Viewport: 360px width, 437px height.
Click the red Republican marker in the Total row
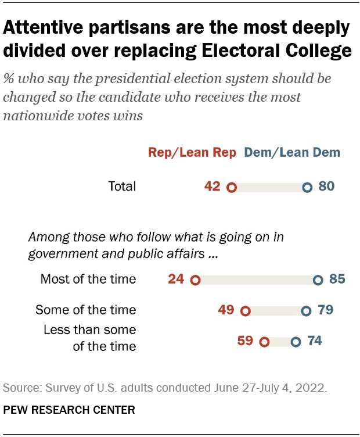[x=231, y=188]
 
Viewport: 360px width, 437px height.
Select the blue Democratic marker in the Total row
[x=307, y=188]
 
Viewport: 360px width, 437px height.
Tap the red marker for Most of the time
[x=195, y=280]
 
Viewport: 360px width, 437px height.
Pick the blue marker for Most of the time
[x=318, y=280]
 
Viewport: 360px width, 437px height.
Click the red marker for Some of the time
[x=245, y=311]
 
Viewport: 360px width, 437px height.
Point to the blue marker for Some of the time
[x=306, y=311]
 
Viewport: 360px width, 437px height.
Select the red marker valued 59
[x=265, y=342]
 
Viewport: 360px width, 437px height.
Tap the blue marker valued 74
[x=296, y=342]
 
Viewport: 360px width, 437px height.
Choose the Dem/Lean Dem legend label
[x=293, y=153]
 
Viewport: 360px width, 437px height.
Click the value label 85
[x=337, y=280]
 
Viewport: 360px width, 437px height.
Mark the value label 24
[x=177, y=280]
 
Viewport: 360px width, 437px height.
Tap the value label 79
[x=325, y=310]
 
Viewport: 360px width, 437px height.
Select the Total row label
[x=122, y=187]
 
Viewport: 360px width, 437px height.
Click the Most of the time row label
[x=88, y=280]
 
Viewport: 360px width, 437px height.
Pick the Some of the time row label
[x=86, y=310]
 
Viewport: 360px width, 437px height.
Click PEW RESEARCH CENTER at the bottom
[x=69, y=410]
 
